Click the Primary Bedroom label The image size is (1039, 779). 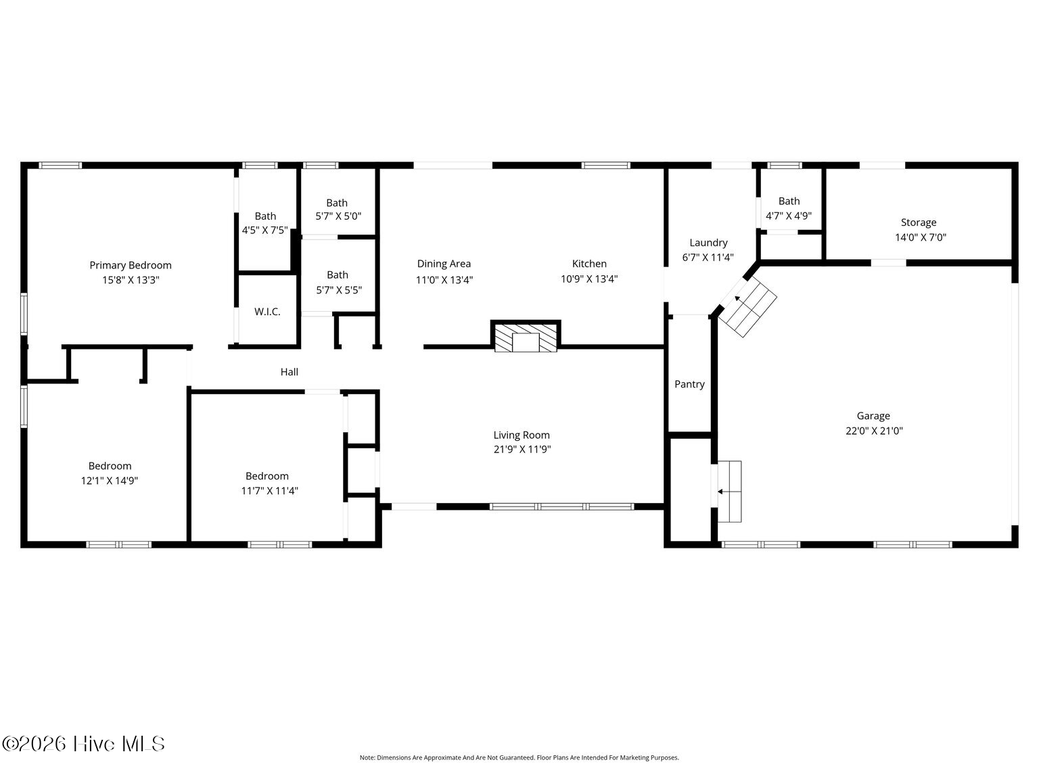click(131, 265)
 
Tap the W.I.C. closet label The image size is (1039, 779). click(267, 312)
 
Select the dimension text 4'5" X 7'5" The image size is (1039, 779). click(265, 231)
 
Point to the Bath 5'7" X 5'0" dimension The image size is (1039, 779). click(338, 216)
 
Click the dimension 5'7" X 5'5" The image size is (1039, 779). click(339, 290)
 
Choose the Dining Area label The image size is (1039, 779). click(444, 264)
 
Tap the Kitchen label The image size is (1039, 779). click(589, 264)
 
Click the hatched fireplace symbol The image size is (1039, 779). click(526, 337)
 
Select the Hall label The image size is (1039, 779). click(290, 372)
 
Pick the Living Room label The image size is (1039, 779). click(522, 435)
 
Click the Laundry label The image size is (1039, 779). click(709, 243)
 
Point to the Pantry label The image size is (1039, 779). click(690, 385)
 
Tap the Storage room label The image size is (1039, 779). click(919, 222)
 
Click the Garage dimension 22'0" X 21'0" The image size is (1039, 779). click(874, 431)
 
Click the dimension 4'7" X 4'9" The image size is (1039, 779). click(789, 216)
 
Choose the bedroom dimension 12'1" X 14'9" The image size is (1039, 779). click(110, 481)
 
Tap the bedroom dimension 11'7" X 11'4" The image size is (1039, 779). click(270, 491)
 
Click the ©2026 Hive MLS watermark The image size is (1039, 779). click(83, 745)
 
